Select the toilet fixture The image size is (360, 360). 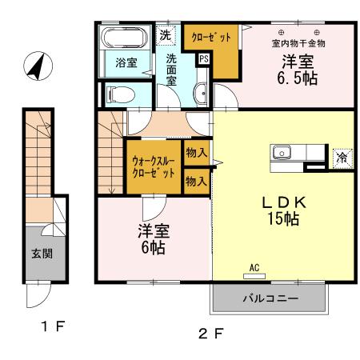[x=118, y=94]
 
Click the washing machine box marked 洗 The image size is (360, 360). [x=165, y=35]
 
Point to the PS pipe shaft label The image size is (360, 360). [x=204, y=58]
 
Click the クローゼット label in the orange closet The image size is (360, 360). [x=211, y=38]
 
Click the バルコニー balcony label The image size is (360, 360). [x=270, y=299]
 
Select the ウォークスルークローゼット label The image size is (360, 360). [x=152, y=166]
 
